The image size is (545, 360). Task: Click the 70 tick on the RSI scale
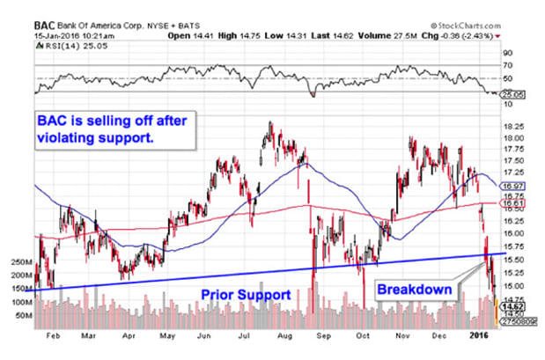pyautogui.click(x=507, y=64)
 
